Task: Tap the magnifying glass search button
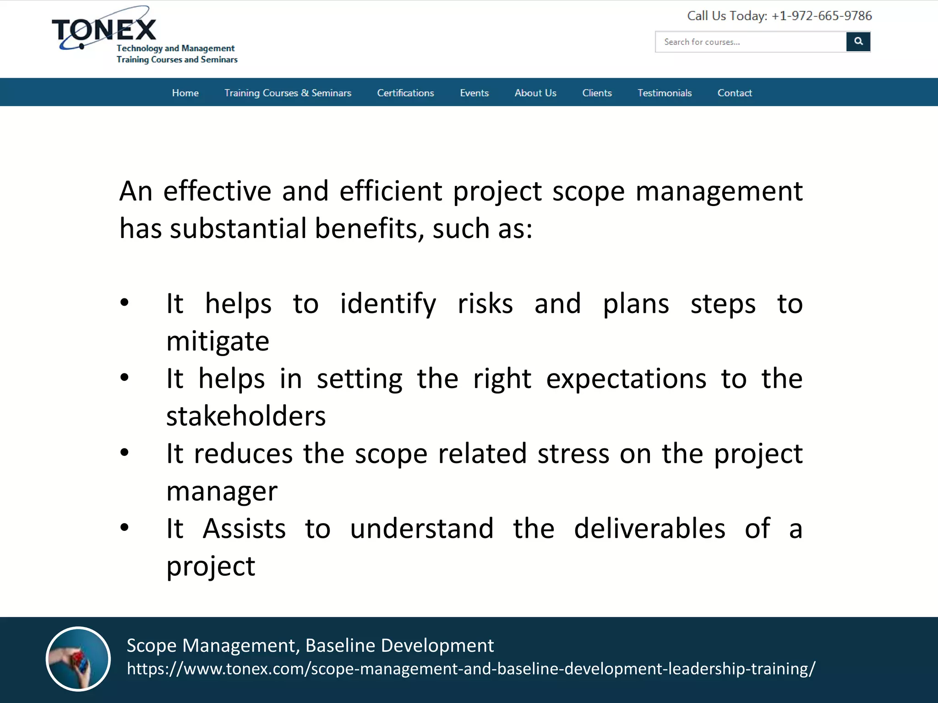[858, 42]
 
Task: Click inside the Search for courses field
[750, 42]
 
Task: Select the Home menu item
[185, 93]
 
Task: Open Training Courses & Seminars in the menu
[288, 93]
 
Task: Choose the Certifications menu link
[405, 93]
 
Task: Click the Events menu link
[474, 93]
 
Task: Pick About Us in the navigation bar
[535, 93]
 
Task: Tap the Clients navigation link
[597, 93]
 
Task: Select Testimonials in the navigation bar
[665, 93]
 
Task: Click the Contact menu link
[735, 93]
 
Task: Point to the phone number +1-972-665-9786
[821, 16]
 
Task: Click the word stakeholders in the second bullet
[246, 416]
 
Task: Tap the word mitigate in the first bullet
[218, 341]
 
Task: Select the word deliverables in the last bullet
[649, 529]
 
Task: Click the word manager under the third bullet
[222, 491]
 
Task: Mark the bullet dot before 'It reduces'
[124, 453]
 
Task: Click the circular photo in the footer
[78, 659]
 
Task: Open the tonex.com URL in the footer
[471, 669]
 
